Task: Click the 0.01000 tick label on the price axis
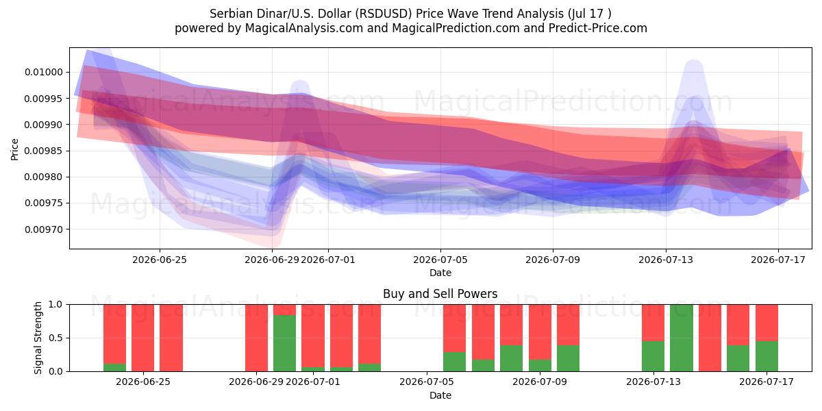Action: pyautogui.click(x=44, y=73)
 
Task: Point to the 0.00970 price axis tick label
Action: pyautogui.click(x=44, y=229)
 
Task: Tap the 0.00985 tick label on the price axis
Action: pyautogui.click(x=44, y=151)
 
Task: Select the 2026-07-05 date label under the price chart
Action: pyautogui.click(x=440, y=260)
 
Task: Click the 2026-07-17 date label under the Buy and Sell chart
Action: pyautogui.click(x=767, y=382)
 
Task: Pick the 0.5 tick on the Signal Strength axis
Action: pyautogui.click(x=55, y=338)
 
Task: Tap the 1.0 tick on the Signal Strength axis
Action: pyautogui.click(x=55, y=305)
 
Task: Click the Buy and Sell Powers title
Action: pyautogui.click(x=440, y=294)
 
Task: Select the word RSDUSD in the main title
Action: pyautogui.click(x=385, y=14)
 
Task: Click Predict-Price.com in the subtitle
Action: pyautogui.click(x=598, y=28)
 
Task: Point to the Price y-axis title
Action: pyautogui.click(x=14, y=149)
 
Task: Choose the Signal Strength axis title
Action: pyautogui.click(x=38, y=338)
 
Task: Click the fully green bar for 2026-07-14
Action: pyautogui.click(x=682, y=338)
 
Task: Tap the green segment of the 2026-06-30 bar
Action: pyautogui.click(x=284, y=343)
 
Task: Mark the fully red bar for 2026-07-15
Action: pyautogui.click(x=710, y=338)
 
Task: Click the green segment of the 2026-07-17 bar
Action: pyautogui.click(x=767, y=356)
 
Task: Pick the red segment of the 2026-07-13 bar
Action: pyautogui.click(x=653, y=323)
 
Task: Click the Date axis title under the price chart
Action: pyautogui.click(x=440, y=273)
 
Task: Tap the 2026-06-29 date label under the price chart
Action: pyautogui.click(x=272, y=260)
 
